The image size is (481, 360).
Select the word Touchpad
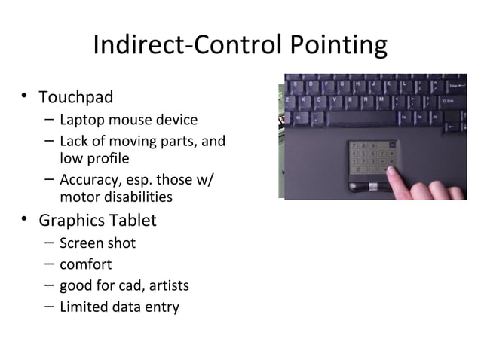76,98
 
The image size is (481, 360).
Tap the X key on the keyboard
304,99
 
